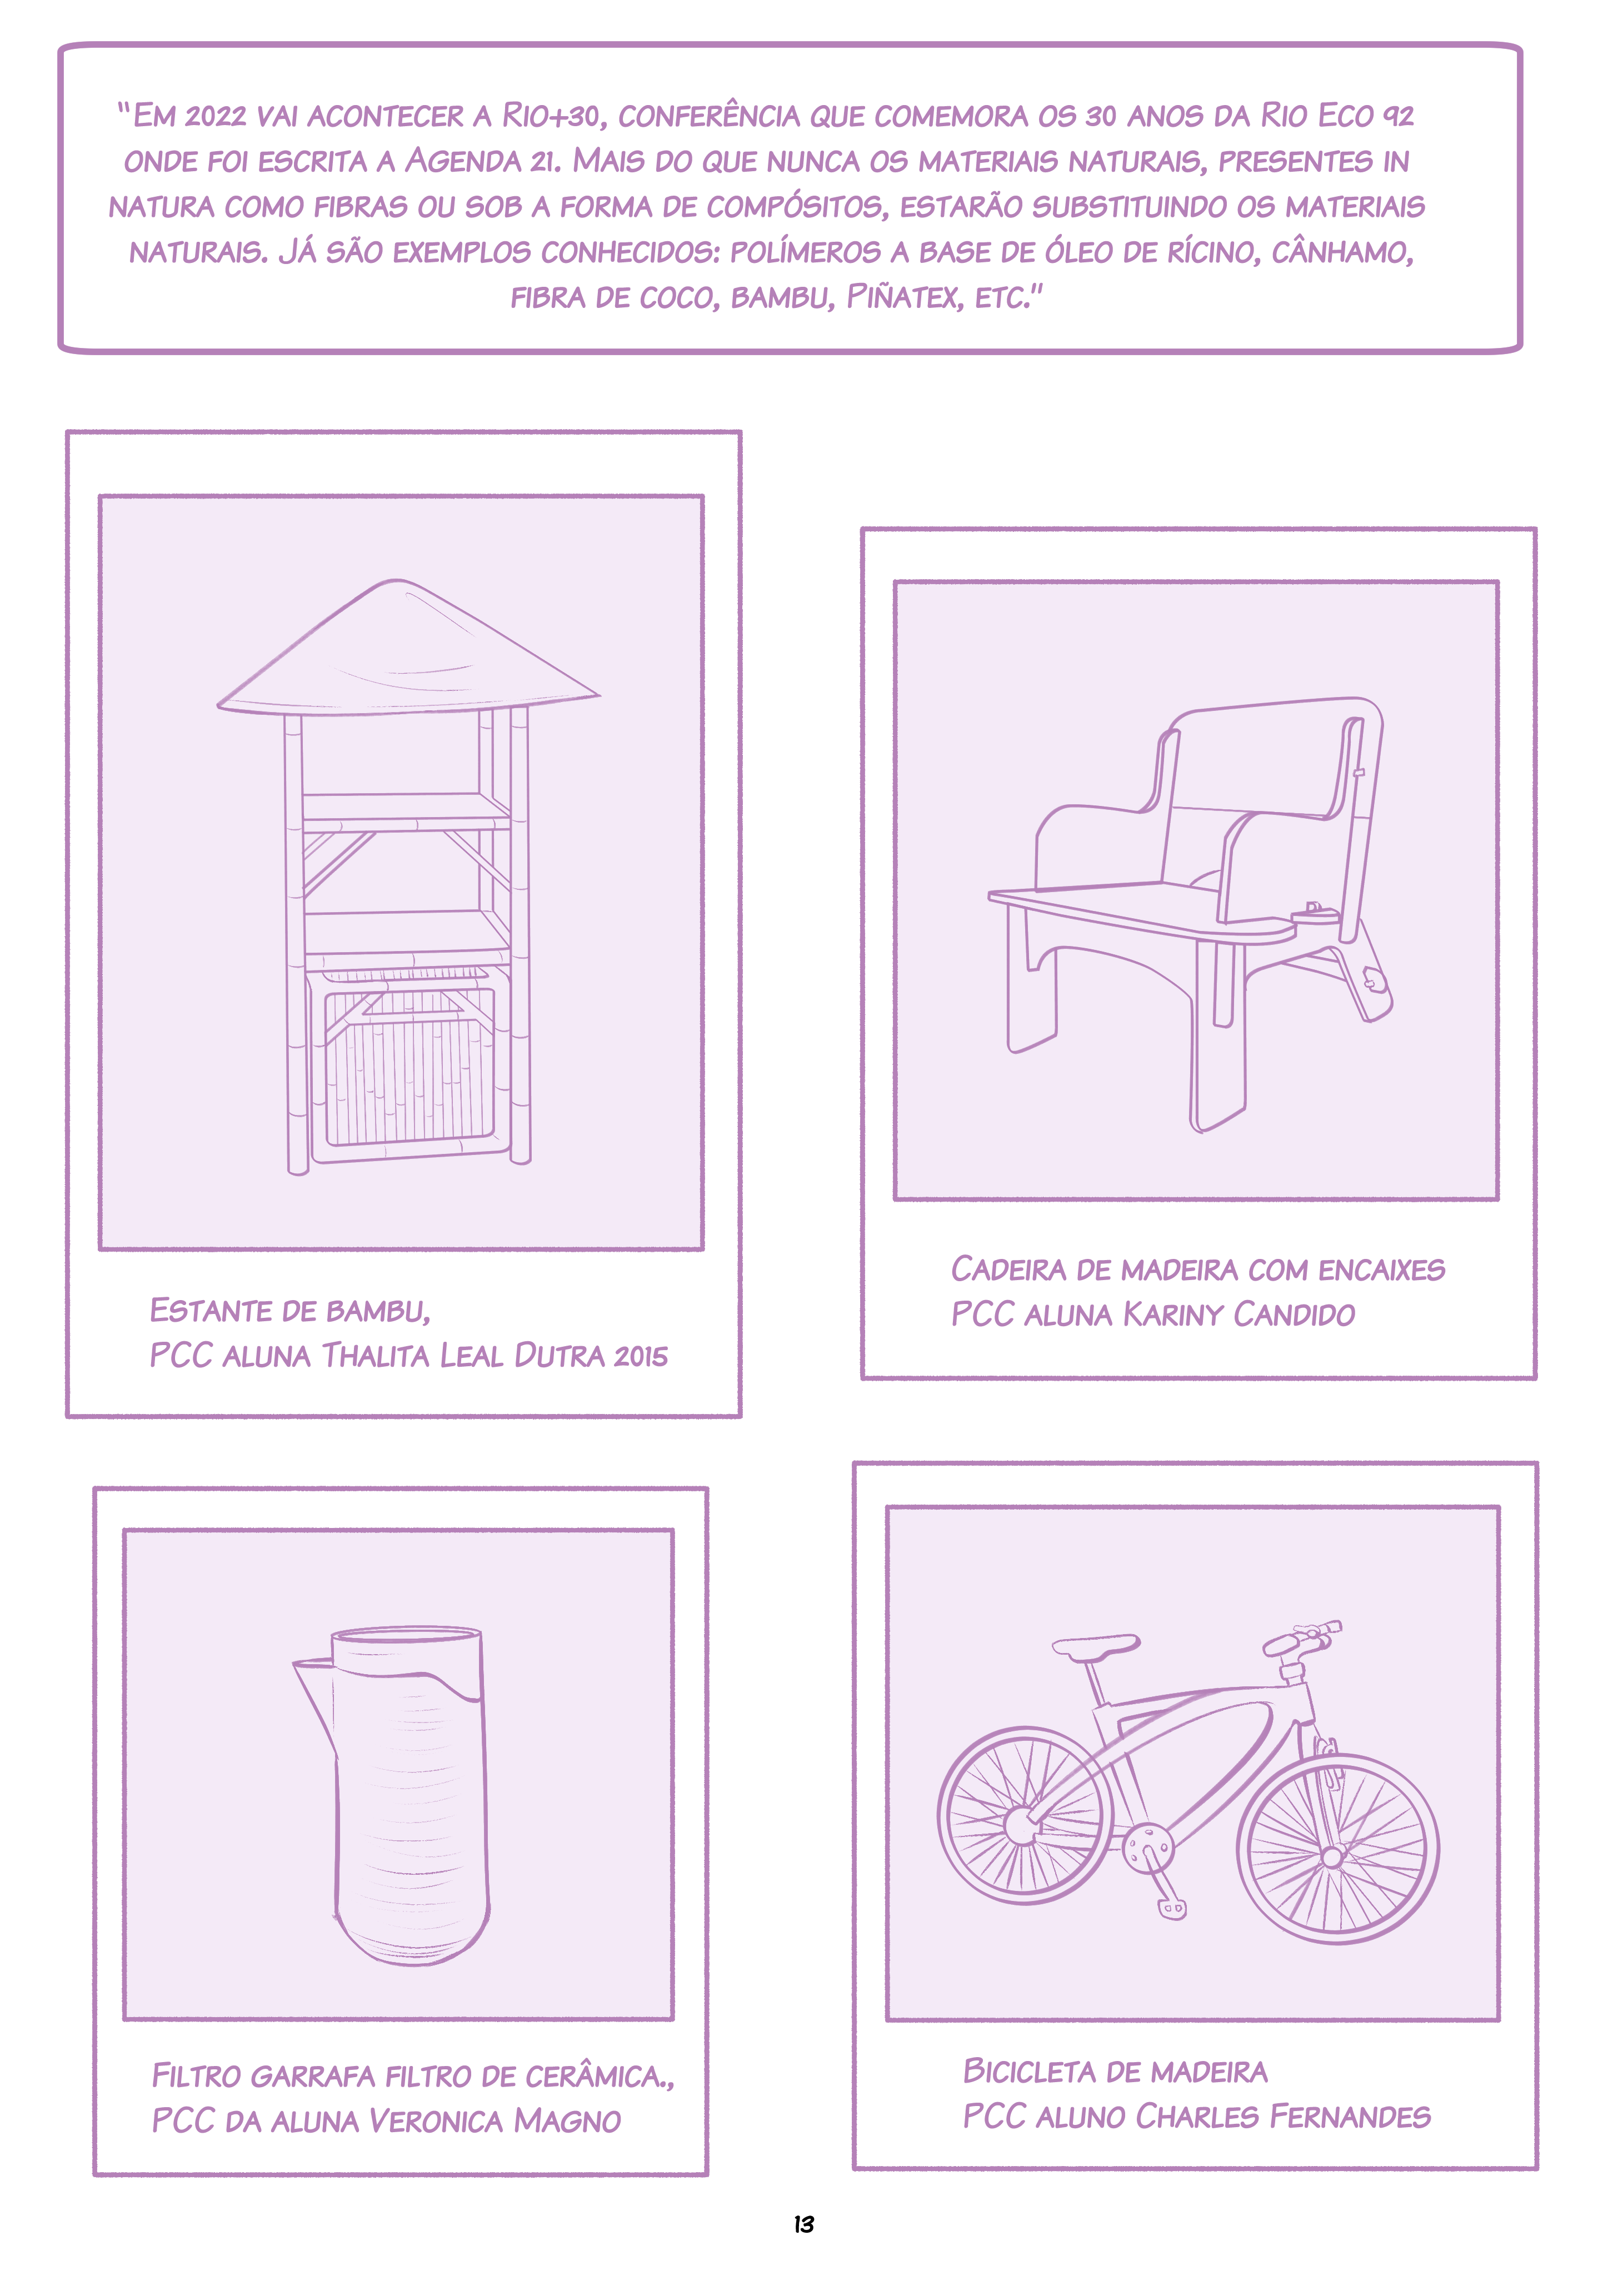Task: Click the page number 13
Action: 803,2224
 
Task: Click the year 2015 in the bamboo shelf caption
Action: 641,1356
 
